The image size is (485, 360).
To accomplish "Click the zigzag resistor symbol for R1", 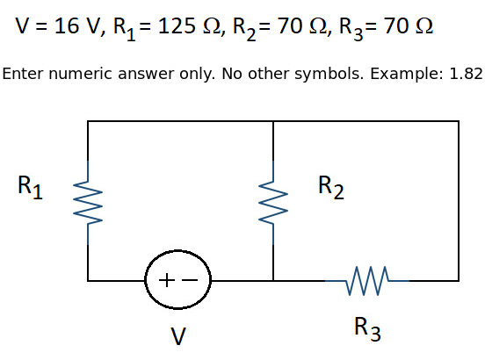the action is click(x=88, y=203).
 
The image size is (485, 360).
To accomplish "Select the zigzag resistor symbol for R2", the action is click(x=273, y=203).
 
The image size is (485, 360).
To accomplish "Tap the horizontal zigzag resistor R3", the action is click(x=367, y=281).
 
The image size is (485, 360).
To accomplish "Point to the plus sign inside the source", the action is click(x=166, y=280).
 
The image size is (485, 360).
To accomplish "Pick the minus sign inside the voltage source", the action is click(x=190, y=280).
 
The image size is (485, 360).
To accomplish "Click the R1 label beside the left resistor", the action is click(x=30, y=187).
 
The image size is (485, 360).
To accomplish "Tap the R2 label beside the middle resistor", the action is click(x=331, y=187).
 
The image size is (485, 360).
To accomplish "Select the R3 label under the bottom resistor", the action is click(x=367, y=328).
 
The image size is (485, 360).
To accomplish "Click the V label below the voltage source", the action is click(x=178, y=336).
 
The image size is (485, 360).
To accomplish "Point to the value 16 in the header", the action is click(x=67, y=25).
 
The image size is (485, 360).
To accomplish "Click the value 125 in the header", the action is click(x=177, y=25).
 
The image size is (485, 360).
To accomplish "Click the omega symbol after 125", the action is click(x=212, y=25).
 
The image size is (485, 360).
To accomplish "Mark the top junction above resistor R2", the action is click(x=273, y=121).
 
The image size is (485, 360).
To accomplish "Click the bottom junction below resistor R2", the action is click(x=273, y=281).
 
